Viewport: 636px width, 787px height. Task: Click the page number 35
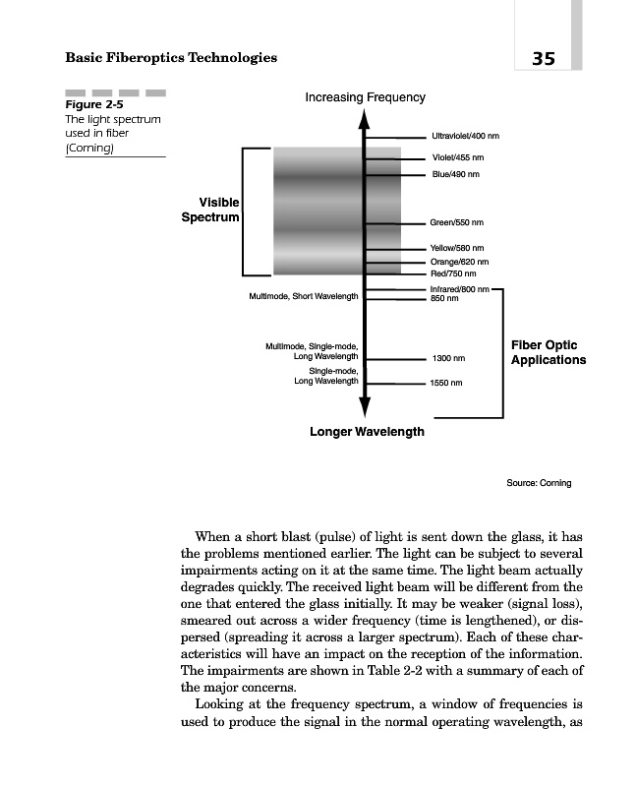(x=544, y=58)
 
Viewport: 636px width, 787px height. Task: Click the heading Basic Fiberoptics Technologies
(x=171, y=58)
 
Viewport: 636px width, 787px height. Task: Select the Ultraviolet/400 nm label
(x=465, y=136)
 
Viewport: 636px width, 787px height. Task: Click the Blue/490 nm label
(x=455, y=174)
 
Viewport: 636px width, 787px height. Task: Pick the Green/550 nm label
(x=457, y=223)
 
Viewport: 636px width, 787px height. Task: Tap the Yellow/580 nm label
(x=458, y=248)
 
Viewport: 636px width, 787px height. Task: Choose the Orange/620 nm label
(x=459, y=262)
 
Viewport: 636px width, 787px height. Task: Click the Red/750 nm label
(x=453, y=273)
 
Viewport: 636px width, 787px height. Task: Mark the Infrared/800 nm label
(x=459, y=289)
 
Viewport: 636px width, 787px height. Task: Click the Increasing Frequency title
(x=365, y=97)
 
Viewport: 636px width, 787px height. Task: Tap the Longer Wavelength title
(x=367, y=432)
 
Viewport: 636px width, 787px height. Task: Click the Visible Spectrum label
(x=210, y=209)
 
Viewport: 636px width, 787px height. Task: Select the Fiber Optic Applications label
(x=548, y=352)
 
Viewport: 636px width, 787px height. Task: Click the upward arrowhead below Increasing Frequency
(x=364, y=119)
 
